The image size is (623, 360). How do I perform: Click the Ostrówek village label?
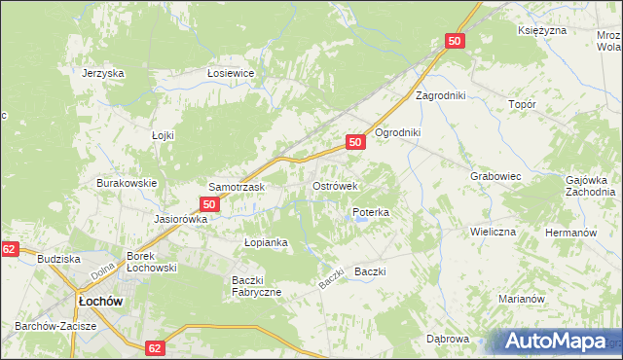click(335, 185)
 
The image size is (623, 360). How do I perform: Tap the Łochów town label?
click(100, 302)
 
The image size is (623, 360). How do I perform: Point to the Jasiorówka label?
click(181, 219)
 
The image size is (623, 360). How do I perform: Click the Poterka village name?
click(371, 211)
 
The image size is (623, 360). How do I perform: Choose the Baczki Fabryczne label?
click(256, 286)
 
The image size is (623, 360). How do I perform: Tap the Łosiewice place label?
click(231, 73)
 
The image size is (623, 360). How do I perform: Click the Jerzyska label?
click(103, 73)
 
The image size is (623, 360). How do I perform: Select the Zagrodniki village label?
click(441, 95)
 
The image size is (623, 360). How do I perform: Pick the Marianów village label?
click(521, 299)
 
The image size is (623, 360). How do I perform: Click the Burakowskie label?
click(127, 183)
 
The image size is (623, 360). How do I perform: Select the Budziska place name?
click(57, 259)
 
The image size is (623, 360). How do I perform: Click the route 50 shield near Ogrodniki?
click(355, 142)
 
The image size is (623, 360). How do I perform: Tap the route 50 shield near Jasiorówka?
click(209, 204)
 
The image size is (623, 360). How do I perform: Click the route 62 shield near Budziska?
click(9, 249)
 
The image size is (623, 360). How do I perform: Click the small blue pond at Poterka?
click(361, 221)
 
